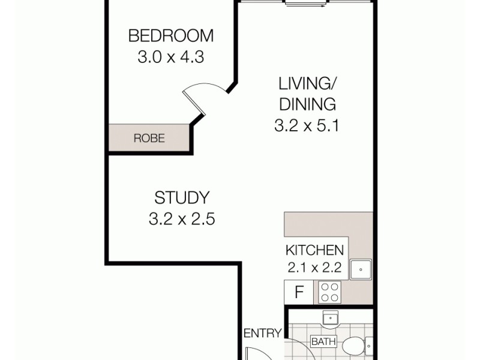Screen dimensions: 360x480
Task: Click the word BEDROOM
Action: [170, 36]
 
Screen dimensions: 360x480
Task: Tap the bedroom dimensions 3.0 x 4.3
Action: [170, 58]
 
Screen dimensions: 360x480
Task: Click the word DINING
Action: [307, 104]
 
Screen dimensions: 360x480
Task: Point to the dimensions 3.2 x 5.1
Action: [307, 127]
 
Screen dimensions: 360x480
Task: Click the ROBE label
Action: [149, 139]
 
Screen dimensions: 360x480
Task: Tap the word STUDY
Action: [181, 197]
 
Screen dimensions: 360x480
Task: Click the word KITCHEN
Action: [314, 251]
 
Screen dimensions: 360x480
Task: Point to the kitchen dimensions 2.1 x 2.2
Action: [314, 268]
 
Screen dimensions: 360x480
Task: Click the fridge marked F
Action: [299, 293]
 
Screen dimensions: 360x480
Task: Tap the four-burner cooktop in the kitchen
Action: [329, 292]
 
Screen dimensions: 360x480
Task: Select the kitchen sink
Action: [361, 269]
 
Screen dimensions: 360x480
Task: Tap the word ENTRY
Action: [262, 334]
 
